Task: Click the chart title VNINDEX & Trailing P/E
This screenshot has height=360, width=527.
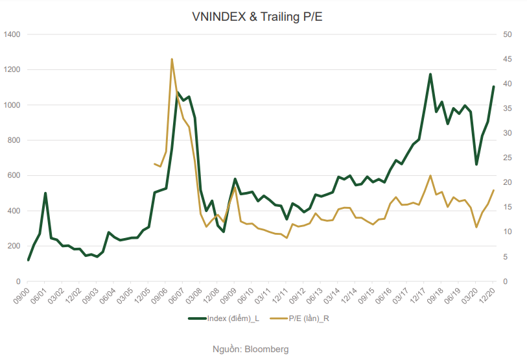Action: coord(257,18)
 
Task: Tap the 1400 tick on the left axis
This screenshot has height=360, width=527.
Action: coord(12,34)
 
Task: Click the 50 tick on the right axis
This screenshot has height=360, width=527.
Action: coord(507,34)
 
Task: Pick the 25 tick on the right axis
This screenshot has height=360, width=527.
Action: coord(507,158)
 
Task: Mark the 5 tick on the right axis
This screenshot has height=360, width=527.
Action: coord(505,257)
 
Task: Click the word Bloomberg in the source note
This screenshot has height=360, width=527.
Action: coord(266,349)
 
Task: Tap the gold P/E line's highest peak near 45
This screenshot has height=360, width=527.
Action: coord(172,59)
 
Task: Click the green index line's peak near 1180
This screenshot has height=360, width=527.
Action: coord(430,74)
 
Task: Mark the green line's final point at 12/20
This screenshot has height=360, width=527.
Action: coord(493,86)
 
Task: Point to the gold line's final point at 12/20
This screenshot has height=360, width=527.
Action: coord(493,190)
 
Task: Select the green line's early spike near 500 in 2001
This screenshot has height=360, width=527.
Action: coord(45,193)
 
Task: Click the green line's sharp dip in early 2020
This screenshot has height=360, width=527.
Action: coord(476,164)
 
